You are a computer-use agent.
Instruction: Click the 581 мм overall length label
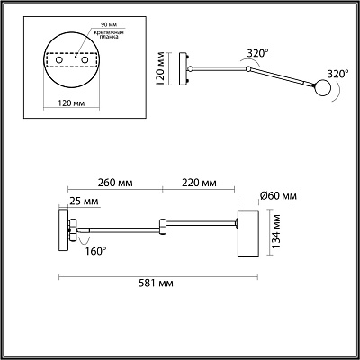[x=156, y=283]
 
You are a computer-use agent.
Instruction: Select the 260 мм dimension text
[x=115, y=183]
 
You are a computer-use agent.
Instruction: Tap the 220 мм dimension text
[x=199, y=183]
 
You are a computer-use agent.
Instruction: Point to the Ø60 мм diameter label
[x=278, y=196]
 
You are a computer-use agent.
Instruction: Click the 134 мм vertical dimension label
[x=276, y=231]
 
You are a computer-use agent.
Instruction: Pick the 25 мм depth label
[x=84, y=202]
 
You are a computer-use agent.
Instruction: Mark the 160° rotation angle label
[x=96, y=251]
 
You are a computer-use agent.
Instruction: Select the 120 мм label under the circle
[x=71, y=103]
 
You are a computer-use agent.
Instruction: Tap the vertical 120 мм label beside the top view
[x=161, y=68]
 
